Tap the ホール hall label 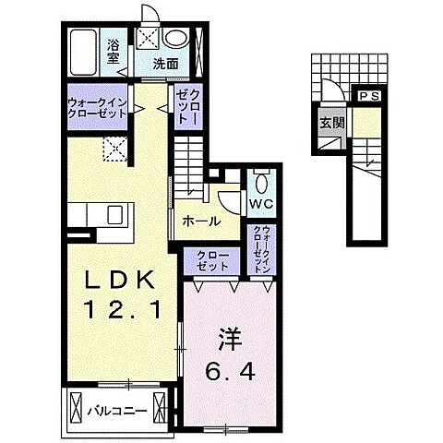coord(201,221)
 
